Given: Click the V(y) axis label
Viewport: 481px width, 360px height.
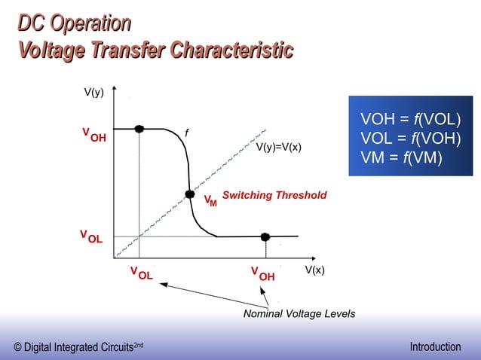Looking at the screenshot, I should pos(93,93).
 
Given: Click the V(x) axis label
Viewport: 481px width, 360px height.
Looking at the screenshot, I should pos(314,270).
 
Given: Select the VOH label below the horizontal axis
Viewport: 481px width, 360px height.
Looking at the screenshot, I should pos(262,273).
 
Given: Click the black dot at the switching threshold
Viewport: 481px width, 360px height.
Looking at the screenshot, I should pos(190,194).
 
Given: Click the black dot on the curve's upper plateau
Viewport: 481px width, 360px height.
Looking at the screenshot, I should pos(139,129).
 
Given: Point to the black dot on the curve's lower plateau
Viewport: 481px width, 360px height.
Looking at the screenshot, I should pos(265,236).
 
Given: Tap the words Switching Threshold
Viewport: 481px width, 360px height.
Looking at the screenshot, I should pos(274,195).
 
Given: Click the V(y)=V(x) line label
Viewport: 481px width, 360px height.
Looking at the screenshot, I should pos(279,147).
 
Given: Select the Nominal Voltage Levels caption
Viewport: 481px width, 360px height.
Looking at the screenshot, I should pos(299,313).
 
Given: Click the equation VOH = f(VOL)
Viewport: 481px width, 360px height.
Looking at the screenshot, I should pos(411,121).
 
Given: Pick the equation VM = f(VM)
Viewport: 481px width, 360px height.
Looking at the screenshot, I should pos(402,157).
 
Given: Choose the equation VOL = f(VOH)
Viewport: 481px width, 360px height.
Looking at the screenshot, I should pos(411,139).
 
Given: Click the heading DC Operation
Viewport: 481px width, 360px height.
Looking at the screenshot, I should pos(74,24).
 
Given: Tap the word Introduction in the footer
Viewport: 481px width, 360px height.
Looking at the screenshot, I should pos(435,347).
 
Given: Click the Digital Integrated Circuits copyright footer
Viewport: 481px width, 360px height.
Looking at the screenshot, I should pos(78,347).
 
